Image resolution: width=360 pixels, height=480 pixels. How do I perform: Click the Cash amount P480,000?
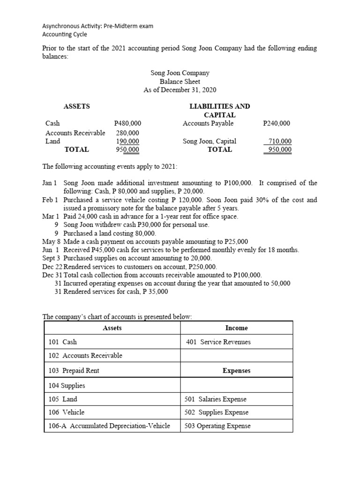tap(127, 123)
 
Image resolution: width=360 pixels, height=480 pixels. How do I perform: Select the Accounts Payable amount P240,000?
tap(277, 123)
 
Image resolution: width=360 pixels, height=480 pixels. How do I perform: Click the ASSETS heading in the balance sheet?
tap(76, 106)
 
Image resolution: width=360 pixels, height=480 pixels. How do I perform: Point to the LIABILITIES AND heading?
tap(219, 106)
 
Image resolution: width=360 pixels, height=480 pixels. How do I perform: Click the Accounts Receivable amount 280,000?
tap(127, 133)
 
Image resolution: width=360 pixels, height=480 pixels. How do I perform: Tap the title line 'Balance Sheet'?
tap(180, 82)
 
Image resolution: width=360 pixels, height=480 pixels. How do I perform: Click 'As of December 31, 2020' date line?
tap(180, 90)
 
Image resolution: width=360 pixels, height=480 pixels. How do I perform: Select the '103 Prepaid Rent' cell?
tap(74, 370)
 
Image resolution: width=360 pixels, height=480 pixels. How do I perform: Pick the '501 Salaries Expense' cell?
tap(216, 399)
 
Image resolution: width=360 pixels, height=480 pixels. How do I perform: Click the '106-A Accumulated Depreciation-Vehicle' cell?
tap(109, 426)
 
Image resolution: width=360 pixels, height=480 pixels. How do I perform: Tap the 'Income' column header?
tap(236, 328)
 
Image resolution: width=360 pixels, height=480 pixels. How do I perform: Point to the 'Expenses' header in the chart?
tap(236, 370)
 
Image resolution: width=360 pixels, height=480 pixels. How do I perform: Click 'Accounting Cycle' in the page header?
tap(65, 34)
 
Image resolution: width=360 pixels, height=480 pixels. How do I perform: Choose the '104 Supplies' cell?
tap(67, 385)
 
